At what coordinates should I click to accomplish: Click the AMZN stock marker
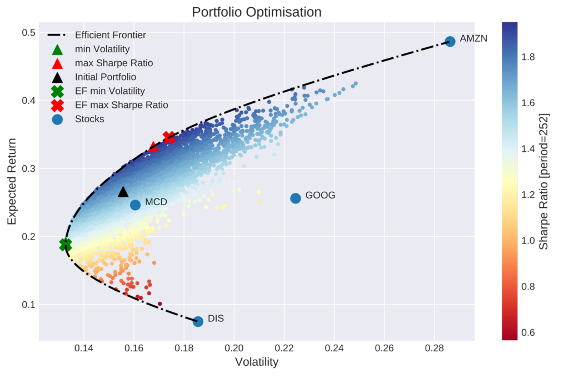(x=450, y=41)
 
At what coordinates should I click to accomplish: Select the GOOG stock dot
(x=296, y=198)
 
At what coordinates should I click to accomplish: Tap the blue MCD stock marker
(x=136, y=205)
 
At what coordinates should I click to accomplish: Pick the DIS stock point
(x=198, y=321)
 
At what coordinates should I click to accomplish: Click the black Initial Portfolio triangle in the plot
(x=123, y=192)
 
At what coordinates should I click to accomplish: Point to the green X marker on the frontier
(x=66, y=244)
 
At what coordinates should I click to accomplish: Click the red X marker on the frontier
(x=169, y=137)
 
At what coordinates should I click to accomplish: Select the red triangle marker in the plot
(x=154, y=147)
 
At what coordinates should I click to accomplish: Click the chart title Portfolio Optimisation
(x=256, y=12)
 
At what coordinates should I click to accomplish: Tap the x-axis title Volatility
(x=256, y=362)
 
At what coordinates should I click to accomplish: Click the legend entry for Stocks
(x=89, y=118)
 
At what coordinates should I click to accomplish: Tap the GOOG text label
(x=321, y=195)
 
